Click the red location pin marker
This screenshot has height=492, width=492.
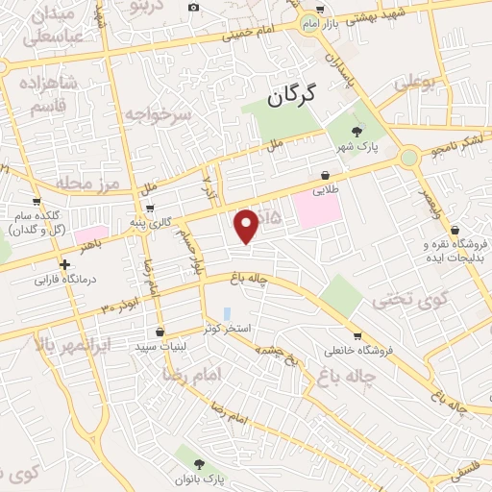click(247, 226)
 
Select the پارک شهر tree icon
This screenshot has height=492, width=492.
click(357, 132)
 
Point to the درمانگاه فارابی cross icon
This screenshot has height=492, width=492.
click(63, 265)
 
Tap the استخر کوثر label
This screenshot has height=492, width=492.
click(227, 329)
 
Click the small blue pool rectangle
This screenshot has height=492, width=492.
click(227, 314)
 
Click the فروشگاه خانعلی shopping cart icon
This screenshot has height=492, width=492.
click(357, 337)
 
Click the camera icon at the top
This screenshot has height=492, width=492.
click(194, 8)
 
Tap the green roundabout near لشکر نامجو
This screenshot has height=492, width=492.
click(409, 156)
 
